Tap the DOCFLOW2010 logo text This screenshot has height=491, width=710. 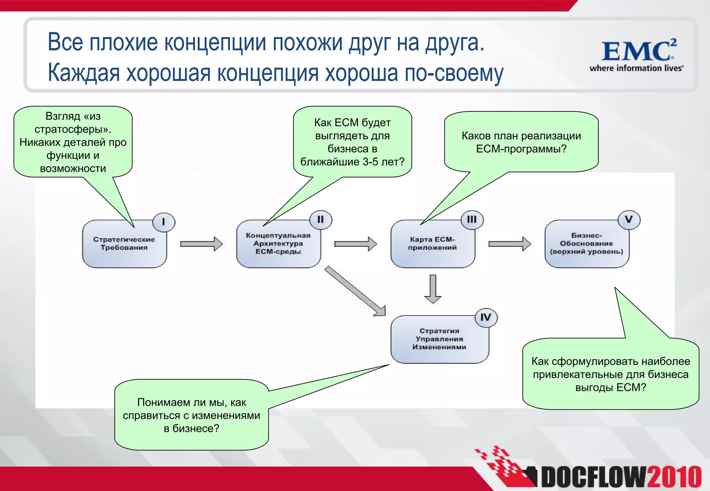point(621,477)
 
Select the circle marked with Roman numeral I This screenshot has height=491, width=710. point(164,222)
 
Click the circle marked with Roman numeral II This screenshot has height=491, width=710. point(320,220)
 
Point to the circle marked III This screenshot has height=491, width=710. point(472,220)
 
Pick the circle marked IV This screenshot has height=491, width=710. point(486,318)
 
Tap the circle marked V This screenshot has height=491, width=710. point(629,220)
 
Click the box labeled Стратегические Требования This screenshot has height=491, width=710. point(124,244)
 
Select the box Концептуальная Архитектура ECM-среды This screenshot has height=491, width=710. point(278,244)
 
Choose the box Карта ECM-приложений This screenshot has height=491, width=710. point(432,244)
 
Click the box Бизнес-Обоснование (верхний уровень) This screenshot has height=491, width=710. point(586,244)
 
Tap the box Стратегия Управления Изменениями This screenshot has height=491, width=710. point(439,339)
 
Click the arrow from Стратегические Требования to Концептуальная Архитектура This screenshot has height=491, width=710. point(201,244)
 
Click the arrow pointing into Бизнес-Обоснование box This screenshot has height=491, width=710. point(510,244)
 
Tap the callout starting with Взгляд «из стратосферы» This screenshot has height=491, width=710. point(73,142)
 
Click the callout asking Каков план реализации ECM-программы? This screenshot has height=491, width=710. point(521,142)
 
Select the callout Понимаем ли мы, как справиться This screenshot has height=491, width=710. point(191,415)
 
